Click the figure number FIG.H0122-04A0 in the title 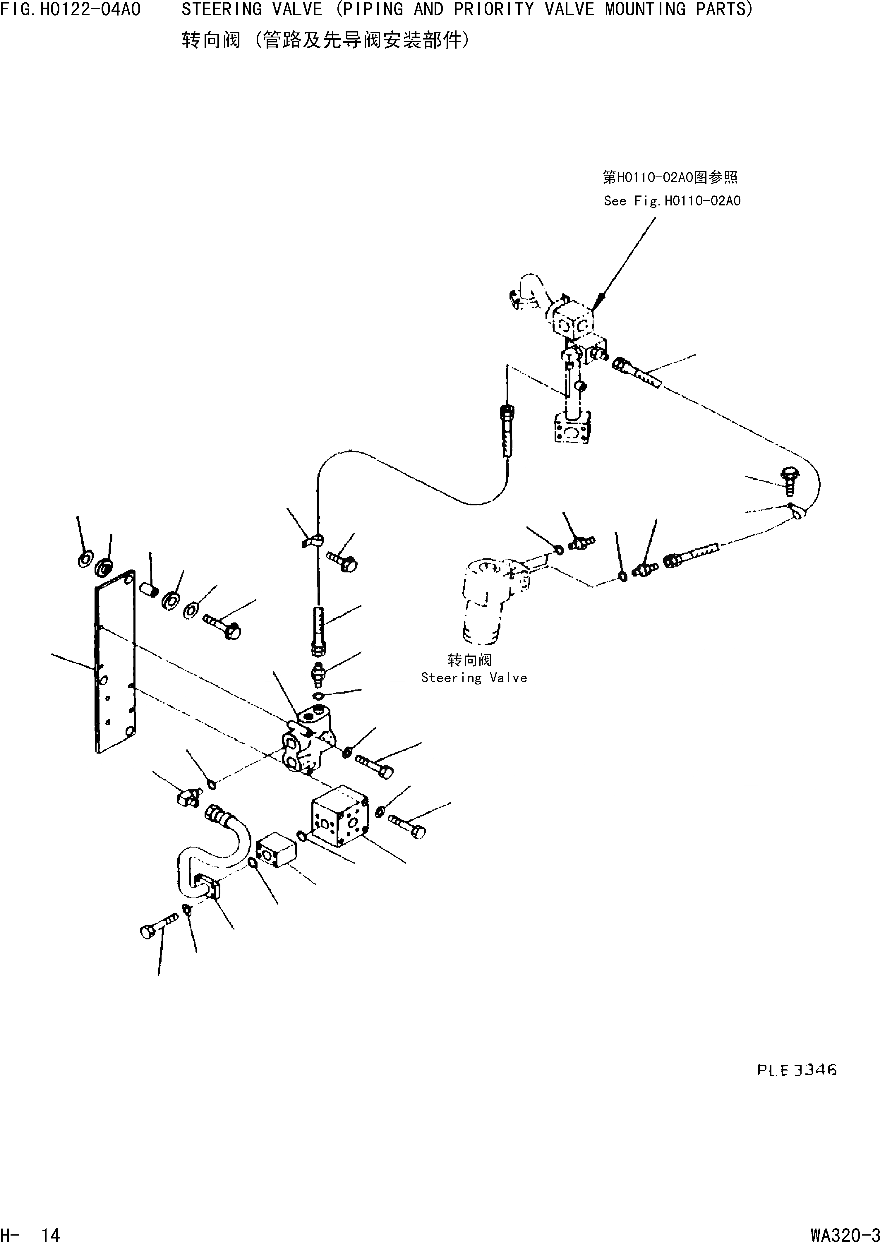coord(71,10)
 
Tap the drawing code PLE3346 coord(797,1070)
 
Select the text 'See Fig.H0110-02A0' coord(672,201)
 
